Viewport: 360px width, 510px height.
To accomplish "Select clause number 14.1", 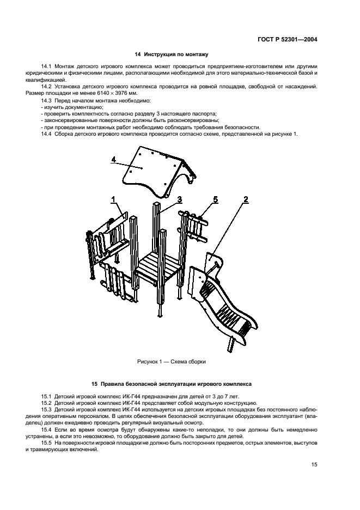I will pyautogui.click(x=46, y=66).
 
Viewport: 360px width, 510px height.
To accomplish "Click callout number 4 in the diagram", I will pyautogui.click(x=114, y=159).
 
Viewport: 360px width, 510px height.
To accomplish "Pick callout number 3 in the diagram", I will pyautogui.click(x=179, y=199).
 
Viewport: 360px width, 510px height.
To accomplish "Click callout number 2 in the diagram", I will pyautogui.click(x=246, y=199).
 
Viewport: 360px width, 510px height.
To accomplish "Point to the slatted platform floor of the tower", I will pyautogui.click(x=157, y=268).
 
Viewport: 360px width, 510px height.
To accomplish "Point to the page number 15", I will pyautogui.click(x=315, y=465).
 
